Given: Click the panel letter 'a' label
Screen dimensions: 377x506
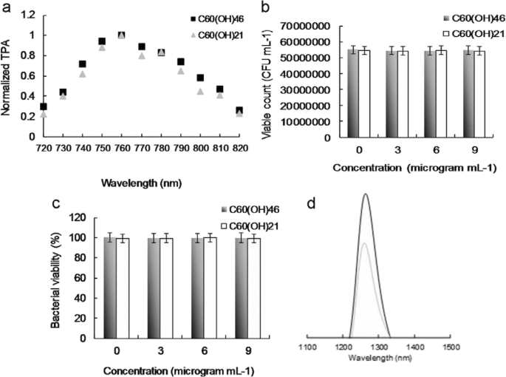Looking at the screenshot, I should [x=6, y=7].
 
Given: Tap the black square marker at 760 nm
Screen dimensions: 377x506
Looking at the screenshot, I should [x=121, y=35].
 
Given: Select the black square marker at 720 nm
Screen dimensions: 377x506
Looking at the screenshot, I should [x=44, y=106].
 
